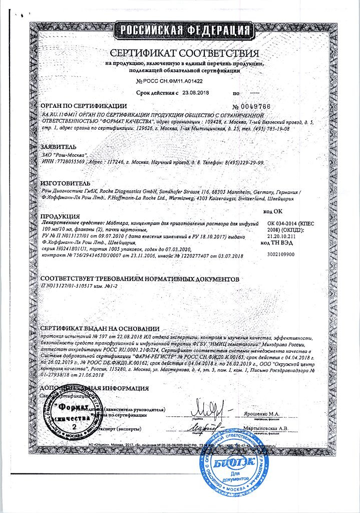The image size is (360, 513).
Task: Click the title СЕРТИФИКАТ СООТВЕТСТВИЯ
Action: coord(184,54)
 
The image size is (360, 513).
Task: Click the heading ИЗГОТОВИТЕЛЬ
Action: coord(66,184)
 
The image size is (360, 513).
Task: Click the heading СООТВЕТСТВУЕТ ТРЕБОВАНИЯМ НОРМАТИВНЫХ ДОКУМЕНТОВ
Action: coord(140,278)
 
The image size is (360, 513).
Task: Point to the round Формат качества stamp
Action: coord(74,412)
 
